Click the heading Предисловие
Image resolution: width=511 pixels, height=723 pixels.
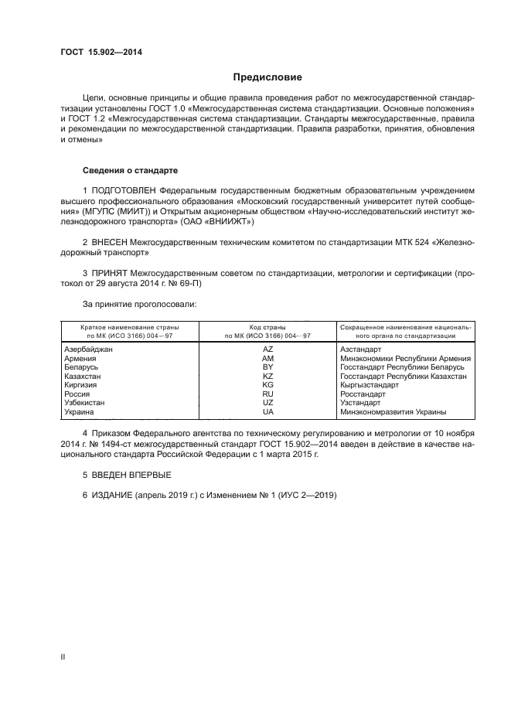(267, 77)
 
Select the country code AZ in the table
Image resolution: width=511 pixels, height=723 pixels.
(267, 350)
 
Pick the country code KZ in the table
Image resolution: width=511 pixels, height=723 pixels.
(267, 376)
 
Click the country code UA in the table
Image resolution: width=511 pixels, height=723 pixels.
(267, 411)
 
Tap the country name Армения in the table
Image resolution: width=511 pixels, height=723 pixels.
(80, 359)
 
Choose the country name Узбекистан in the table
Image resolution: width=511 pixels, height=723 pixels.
(84, 403)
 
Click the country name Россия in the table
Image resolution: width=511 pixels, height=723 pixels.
(77, 394)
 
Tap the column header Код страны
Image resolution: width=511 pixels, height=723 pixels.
(267, 328)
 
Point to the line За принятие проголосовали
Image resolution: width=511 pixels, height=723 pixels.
(139, 305)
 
